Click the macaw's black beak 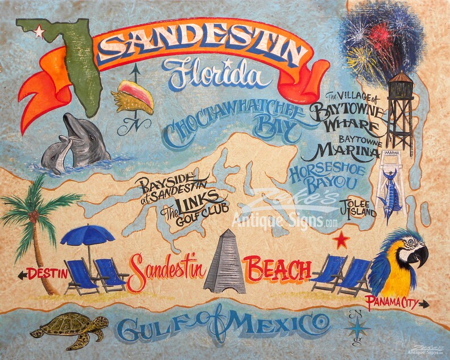pyautogui.click(x=420, y=256)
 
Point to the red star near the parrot pyautogui.click(x=341, y=240)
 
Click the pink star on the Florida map pyautogui.click(x=39, y=31)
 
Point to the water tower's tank pyautogui.click(x=401, y=86)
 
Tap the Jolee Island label pyautogui.click(x=358, y=208)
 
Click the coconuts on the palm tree pyautogui.click(x=33, y=215)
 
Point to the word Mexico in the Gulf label pyautogui.click(x=278, y=327)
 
